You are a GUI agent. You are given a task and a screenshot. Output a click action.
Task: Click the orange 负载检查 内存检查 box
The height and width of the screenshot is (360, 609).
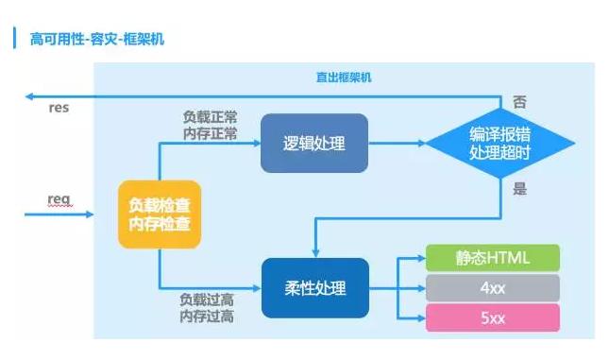[160, 214]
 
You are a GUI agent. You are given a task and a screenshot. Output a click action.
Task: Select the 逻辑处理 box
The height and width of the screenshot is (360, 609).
[314, 143]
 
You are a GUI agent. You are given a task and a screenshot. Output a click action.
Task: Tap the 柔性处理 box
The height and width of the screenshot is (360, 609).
[315, 288]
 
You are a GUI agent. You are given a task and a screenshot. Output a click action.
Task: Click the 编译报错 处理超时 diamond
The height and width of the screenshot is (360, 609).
[499, 143]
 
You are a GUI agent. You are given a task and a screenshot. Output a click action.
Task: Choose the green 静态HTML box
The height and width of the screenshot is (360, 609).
[493, 258]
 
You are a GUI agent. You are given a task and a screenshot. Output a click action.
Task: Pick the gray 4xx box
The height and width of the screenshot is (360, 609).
[493, 288]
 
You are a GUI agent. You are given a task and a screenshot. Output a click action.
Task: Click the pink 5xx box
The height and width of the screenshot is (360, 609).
[493, 318]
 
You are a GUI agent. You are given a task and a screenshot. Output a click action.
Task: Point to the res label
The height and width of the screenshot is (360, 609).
[59, 108]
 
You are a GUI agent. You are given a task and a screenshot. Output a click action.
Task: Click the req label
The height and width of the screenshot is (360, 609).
[59, 199]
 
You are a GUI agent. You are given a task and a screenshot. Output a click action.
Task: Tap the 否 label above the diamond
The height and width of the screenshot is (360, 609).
[519, 102]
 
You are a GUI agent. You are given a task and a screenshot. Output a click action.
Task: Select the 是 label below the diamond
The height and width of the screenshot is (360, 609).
[519, 189]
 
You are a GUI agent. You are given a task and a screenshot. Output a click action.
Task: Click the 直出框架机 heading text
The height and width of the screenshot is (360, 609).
[344, 77]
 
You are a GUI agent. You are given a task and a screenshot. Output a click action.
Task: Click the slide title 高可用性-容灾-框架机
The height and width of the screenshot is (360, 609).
[97, 40]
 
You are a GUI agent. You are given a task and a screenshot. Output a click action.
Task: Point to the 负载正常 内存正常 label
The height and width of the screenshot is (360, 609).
[211, 125]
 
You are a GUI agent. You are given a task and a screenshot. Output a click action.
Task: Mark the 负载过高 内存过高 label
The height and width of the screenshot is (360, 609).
[207, 308]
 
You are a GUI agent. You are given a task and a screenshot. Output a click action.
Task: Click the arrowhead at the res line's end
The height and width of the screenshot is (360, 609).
[28, 96]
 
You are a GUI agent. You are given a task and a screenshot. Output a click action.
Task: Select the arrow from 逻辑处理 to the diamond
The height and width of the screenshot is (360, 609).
[397, 143]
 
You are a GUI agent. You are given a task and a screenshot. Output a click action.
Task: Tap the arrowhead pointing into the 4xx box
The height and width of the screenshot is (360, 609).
[422, 288]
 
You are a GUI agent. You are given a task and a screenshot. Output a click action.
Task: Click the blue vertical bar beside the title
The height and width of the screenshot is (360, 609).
[14, 38]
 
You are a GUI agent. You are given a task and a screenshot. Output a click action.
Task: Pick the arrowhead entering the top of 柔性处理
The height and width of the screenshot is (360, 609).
[315, 253]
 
